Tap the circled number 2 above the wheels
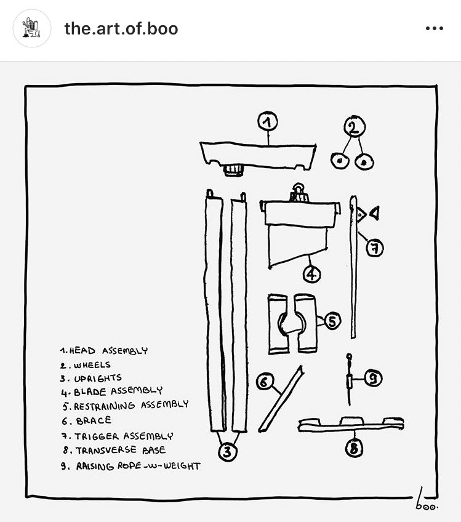(354, 127)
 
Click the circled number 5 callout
(332, 321)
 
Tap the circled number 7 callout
(375, 248)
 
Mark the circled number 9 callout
(373, 379)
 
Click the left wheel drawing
(339, 161)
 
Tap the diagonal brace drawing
(281, 399)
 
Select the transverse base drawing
(351, 424)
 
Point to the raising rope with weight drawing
(349, 382)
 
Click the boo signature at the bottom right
(424, 500)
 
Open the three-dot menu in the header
(434, 29)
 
